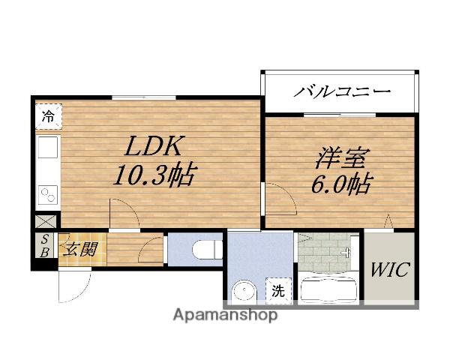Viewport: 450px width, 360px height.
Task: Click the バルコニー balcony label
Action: [342, 93]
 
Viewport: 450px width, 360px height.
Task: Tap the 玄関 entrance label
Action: [80, 249]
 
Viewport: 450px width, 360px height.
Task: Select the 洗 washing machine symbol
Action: [277, 291]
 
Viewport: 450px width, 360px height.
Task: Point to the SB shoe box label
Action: [45, 245]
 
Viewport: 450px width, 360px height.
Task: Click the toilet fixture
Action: [202, 247]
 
